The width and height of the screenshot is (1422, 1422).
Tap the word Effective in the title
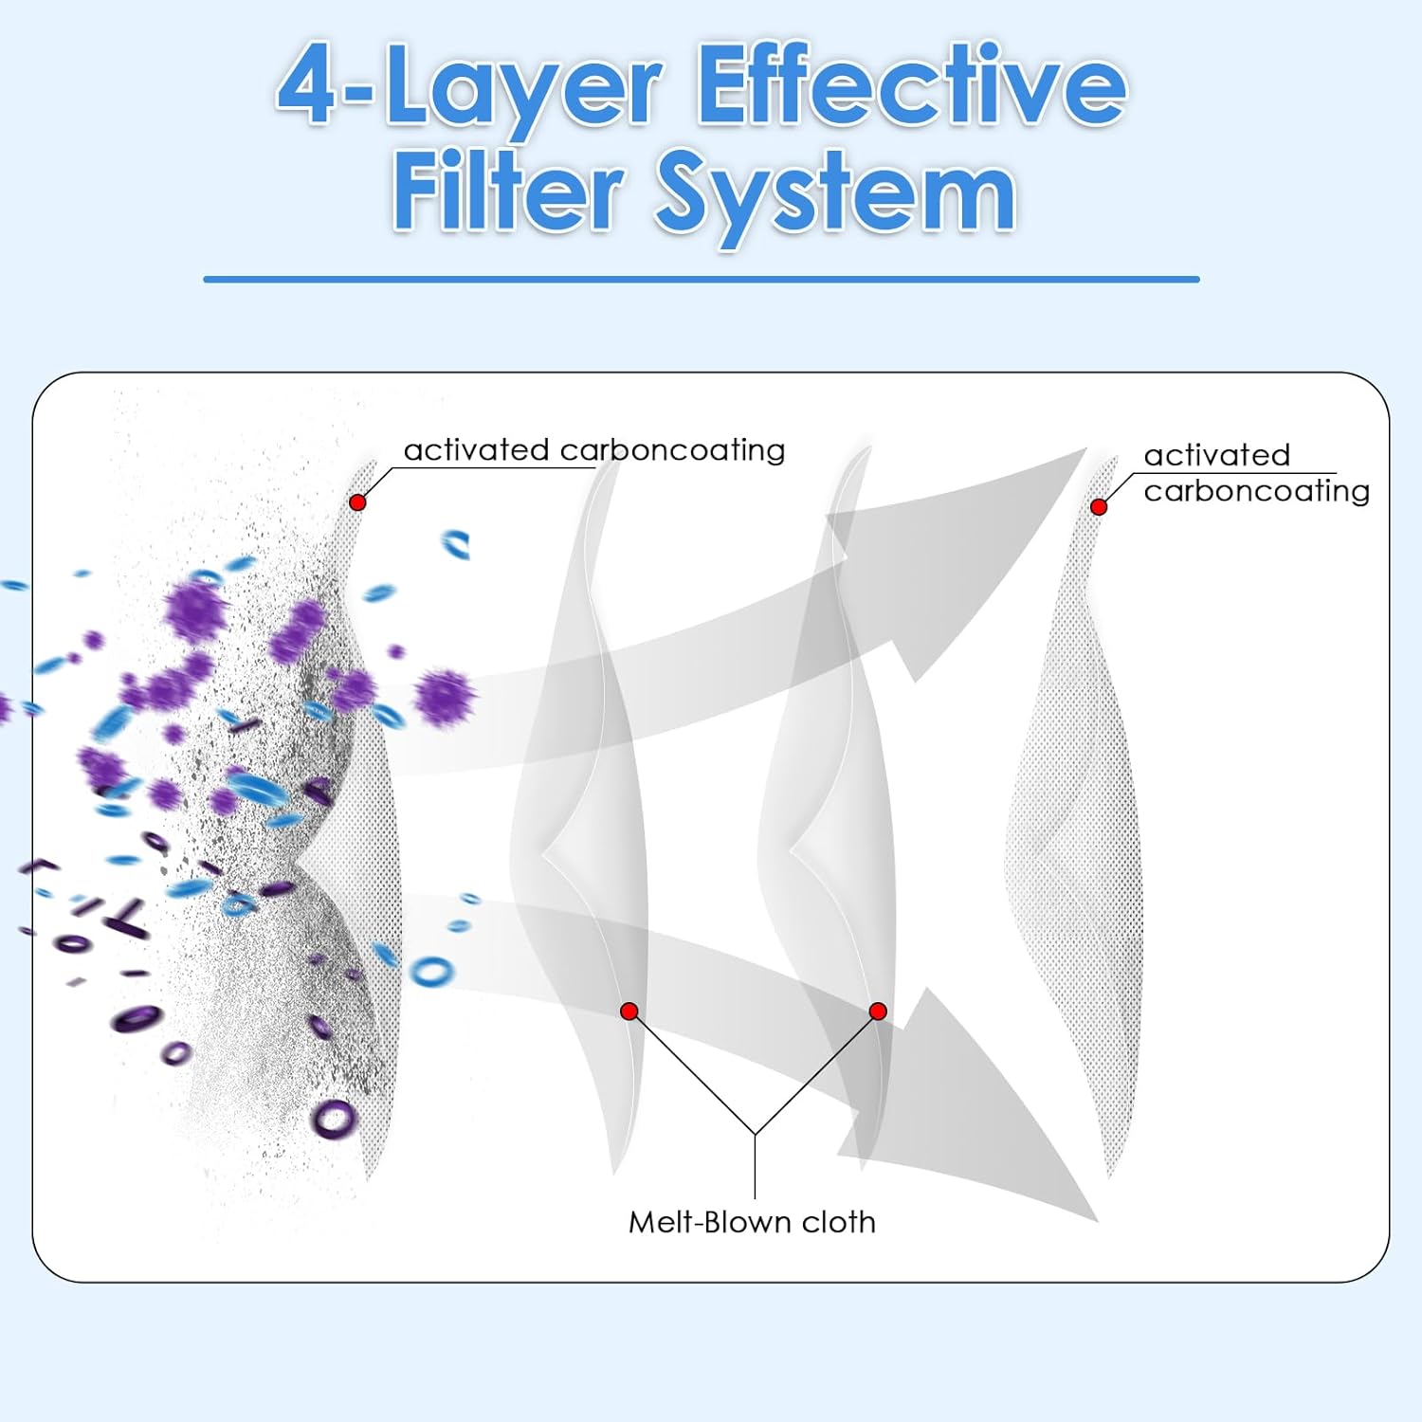pos(912,85)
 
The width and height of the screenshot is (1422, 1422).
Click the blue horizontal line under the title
pos(702,280)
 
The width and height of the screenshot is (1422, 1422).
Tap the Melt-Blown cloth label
pos(752,1222)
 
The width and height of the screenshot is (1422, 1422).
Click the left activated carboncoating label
pos(594,449)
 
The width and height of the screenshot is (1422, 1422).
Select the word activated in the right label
pos(1216,455)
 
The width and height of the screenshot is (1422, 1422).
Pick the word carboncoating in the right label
pos(1256,491)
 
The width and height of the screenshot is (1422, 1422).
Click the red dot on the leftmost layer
pos(357,502)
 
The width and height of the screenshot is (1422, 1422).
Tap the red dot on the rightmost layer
pos(1099,507)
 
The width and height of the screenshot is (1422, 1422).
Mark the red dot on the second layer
pos(629,1012)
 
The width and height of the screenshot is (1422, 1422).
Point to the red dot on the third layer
pos(878,1012)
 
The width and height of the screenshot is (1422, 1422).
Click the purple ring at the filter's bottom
pos(334,1119)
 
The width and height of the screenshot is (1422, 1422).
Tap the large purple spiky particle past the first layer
pos(445,698)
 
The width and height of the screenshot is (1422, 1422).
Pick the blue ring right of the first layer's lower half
pos(431,971)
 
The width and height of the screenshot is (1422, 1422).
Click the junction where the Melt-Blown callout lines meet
pos(755,1134)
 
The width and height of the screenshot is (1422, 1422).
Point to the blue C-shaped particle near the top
pos(456,544)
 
